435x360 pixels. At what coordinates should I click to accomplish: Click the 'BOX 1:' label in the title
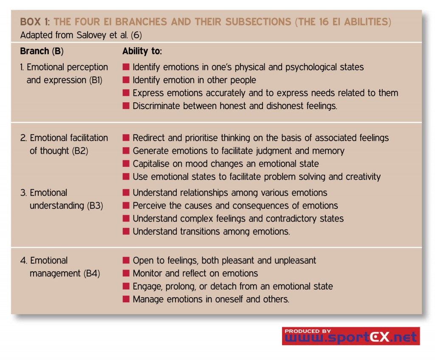click(35, 22)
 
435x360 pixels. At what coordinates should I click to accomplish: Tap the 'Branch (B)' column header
click(42, 51)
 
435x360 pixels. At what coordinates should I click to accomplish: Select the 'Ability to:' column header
click(142, 51)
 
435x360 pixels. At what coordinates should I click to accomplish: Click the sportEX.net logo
click(350, 336)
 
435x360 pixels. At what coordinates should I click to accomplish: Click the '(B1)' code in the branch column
click(96, 80)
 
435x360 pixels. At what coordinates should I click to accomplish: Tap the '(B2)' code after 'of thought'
click(80, 151)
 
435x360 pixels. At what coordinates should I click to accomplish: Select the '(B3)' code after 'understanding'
click(95, 206)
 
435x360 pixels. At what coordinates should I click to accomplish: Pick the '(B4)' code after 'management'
click(92, 273)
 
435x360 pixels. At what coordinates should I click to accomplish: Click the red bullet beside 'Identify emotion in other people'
click(126, 80)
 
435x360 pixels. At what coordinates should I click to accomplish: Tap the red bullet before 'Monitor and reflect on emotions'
click(126, 273)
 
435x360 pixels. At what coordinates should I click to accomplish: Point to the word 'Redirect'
click(149, 138)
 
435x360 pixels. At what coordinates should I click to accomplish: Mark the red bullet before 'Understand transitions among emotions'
click(126, 231)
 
